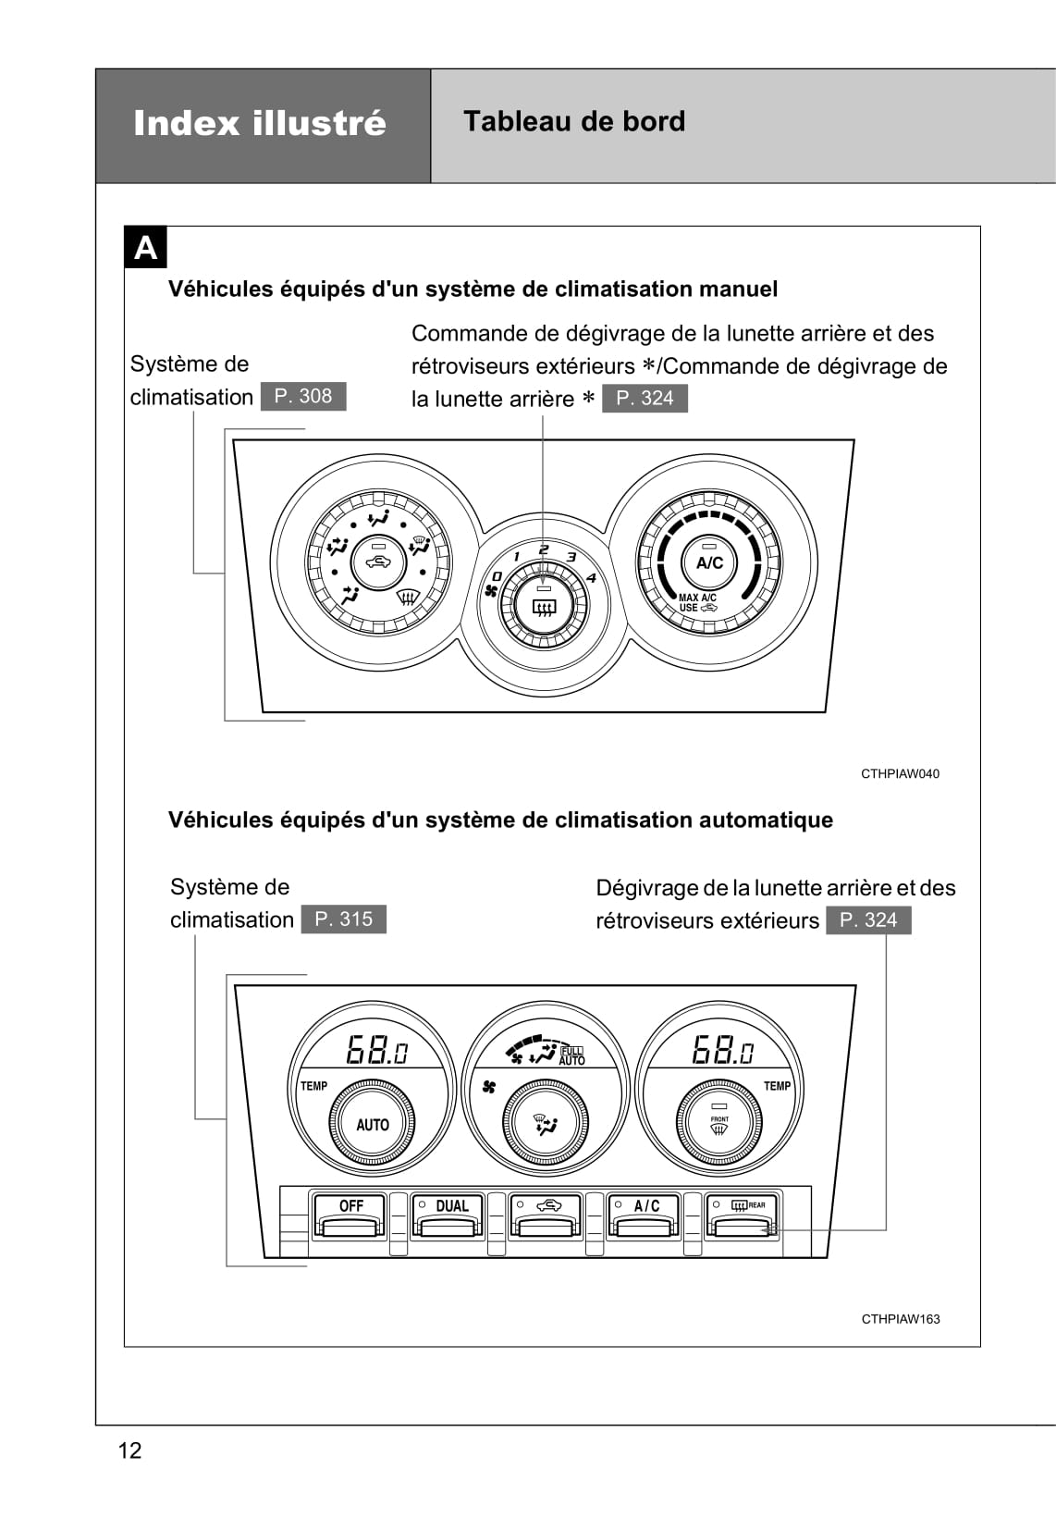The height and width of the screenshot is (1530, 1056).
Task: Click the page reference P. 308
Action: pos(303,396)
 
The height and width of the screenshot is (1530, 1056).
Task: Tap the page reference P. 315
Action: pos(343,919)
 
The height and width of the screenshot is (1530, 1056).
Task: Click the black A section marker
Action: pos(145,249)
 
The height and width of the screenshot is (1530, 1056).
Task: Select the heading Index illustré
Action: pos(260,123)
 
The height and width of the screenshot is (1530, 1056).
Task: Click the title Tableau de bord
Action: pos(574,121)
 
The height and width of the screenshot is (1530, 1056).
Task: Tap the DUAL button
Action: pos(448,1214)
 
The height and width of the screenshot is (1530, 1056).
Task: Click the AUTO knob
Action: pos(373,1125)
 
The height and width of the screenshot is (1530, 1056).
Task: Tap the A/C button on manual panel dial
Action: pos(709,562)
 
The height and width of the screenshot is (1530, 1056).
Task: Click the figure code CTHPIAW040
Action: pos(899,773)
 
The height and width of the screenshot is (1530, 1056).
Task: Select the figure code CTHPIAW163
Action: pos(900,1319)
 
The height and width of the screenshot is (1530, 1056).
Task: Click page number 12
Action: pos(130,1450)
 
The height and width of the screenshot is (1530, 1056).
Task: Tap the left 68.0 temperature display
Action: pos(376,1050)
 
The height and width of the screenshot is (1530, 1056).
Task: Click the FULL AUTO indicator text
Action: pos(571,1055)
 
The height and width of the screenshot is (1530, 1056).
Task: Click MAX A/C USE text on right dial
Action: pos(696,602)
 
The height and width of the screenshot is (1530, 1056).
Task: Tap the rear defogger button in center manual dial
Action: pos(543,607)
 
